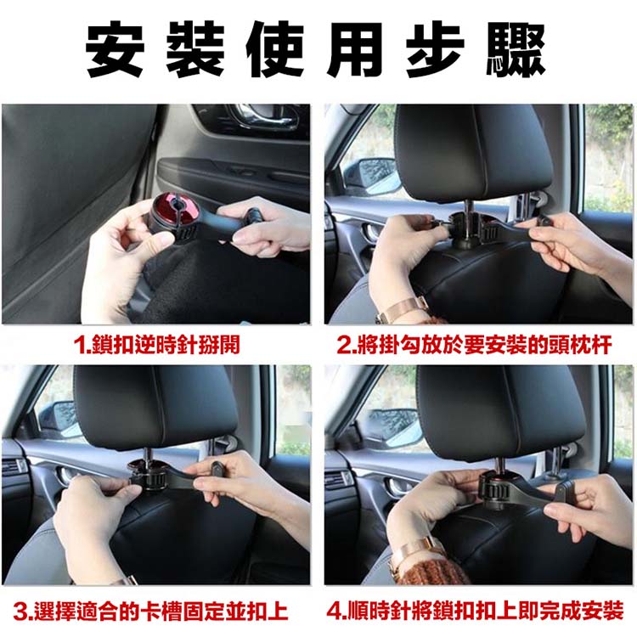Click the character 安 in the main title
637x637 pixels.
[115, 50]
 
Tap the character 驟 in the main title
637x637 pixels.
[516, 50]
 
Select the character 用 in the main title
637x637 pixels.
[356, 50]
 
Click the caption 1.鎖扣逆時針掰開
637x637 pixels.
[157, 346]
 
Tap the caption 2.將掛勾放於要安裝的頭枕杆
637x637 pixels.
[474, 346]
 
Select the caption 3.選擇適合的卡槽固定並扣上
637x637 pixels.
[150, 612]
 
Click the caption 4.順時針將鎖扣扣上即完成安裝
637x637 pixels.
[475, 612]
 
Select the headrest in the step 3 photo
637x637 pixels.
[155, 406]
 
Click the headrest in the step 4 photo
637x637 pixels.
[500, 410]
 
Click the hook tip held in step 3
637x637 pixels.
[217, 469]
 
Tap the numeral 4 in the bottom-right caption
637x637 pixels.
[334, 612]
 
